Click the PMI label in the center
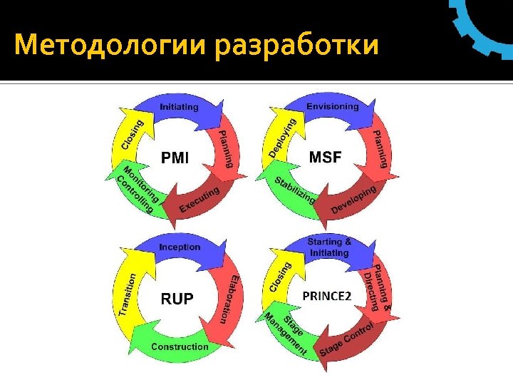(x=175, y=157)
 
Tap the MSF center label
(x=325, y=156)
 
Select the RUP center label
(x=176, y=298)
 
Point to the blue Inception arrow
(x=180, y=247)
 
